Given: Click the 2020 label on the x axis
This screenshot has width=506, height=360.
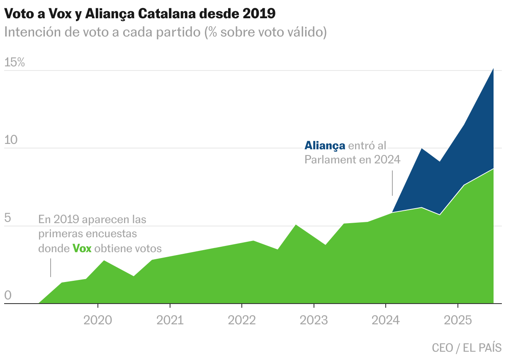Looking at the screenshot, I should tap(97, 321).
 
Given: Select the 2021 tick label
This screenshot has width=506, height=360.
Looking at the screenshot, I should tap(170, 321).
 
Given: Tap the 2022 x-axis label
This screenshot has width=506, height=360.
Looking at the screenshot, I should tap(242, 321).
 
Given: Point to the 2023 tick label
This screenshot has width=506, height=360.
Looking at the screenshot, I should tap(314, 321).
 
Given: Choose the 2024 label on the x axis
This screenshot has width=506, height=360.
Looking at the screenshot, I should tap(386, 321).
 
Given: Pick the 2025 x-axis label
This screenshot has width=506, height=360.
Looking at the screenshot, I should tap(457, 321).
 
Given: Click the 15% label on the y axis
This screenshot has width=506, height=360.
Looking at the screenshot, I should tap(15, 63).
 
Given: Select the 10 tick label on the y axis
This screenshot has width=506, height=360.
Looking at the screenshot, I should tap(11, 140).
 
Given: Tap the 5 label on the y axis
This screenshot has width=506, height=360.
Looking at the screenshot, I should tap(7, 218).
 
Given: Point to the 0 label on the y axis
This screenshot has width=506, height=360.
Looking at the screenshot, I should tap(7, 296).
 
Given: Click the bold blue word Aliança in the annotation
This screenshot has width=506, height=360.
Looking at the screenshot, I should tap(325, 146).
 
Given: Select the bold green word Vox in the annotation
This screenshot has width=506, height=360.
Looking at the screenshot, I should tap(82, 248).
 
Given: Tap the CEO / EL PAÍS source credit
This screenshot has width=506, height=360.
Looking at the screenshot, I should tap(467, 348).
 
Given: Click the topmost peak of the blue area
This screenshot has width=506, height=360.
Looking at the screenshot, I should tap(493, 69).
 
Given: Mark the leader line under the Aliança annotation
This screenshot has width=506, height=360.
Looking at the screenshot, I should tap(392, 183).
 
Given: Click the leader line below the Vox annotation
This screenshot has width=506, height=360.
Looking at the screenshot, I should tap(51, 268).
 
